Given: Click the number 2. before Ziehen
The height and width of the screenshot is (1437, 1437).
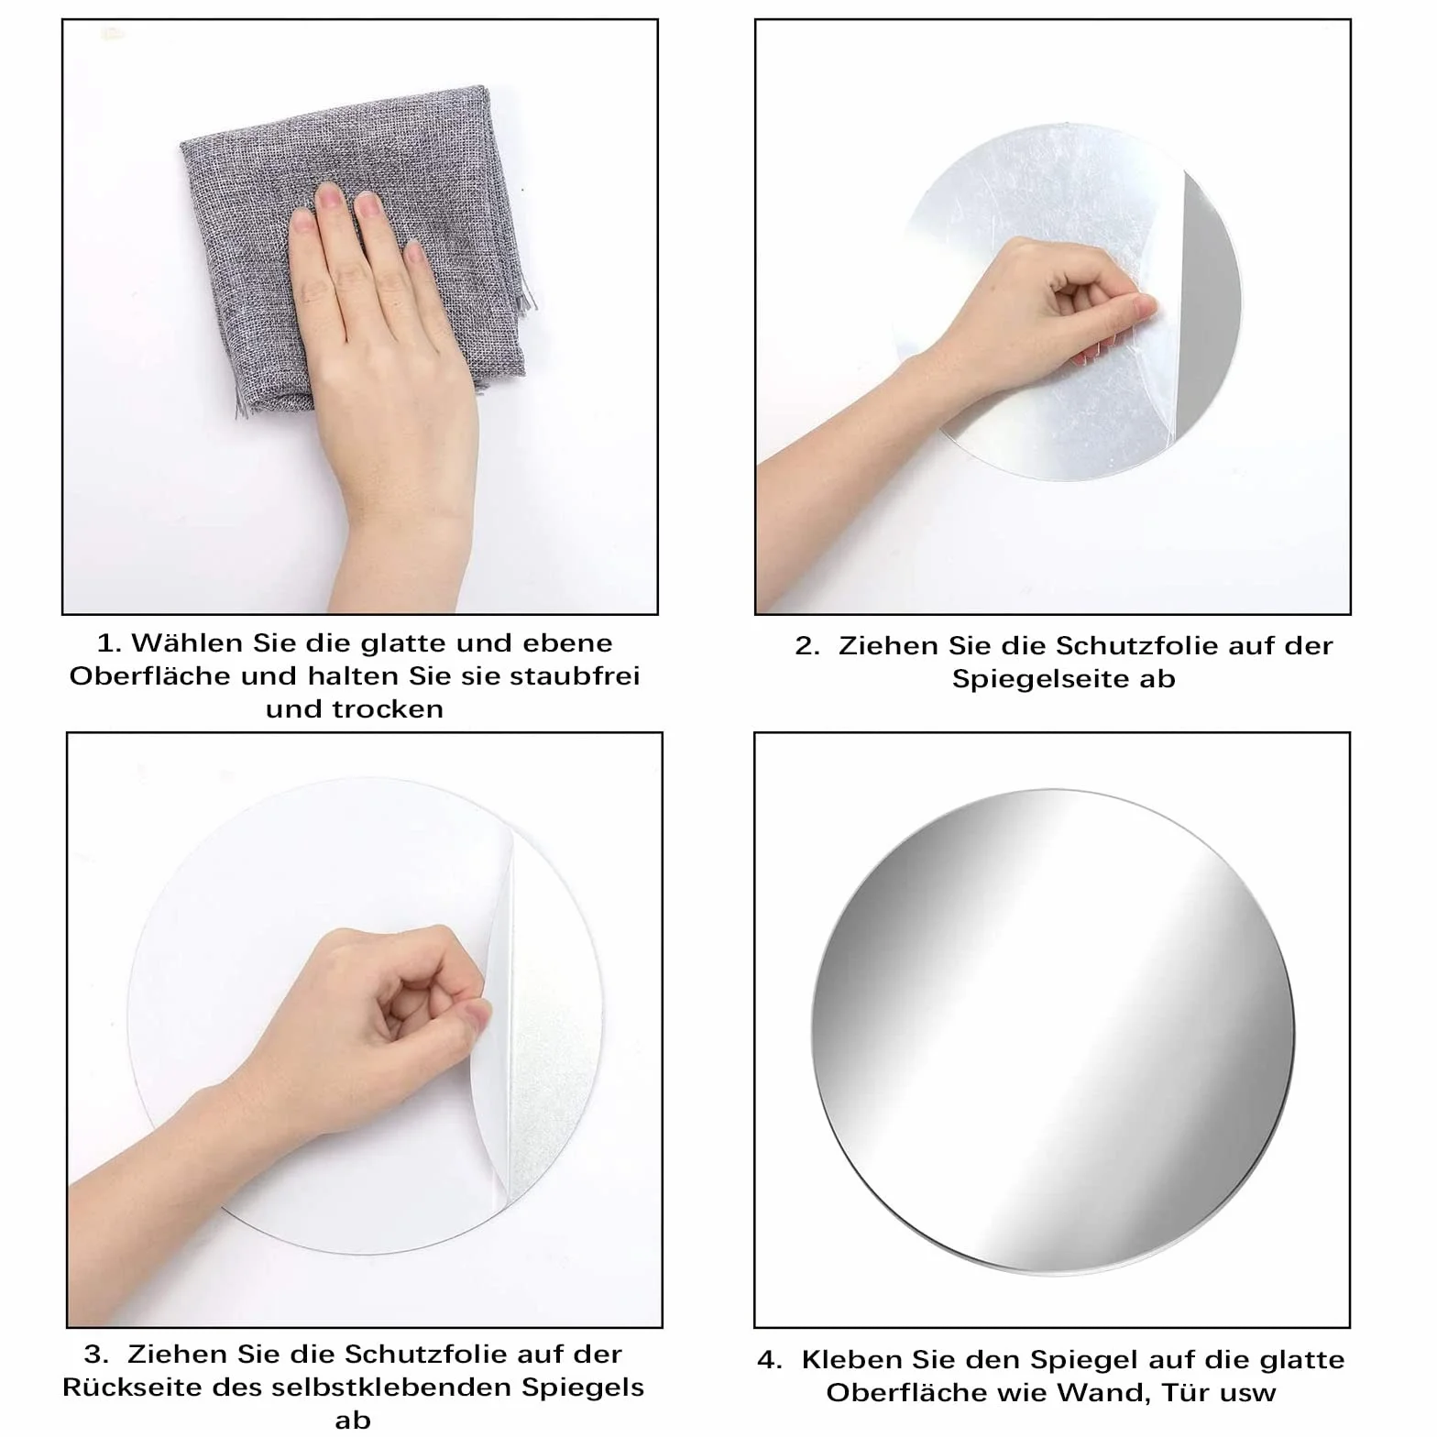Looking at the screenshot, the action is (806, 646).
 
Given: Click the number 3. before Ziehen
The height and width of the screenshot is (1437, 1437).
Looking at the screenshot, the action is (96, 1355).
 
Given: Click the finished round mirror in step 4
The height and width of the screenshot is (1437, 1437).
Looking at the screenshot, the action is (1052, 1030).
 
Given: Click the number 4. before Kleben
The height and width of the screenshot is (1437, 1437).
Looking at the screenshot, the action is (770, 1360).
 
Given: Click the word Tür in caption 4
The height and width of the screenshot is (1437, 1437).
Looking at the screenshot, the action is (1182, 1392).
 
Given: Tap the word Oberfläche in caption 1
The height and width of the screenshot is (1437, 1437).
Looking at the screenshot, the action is (151, 675).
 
